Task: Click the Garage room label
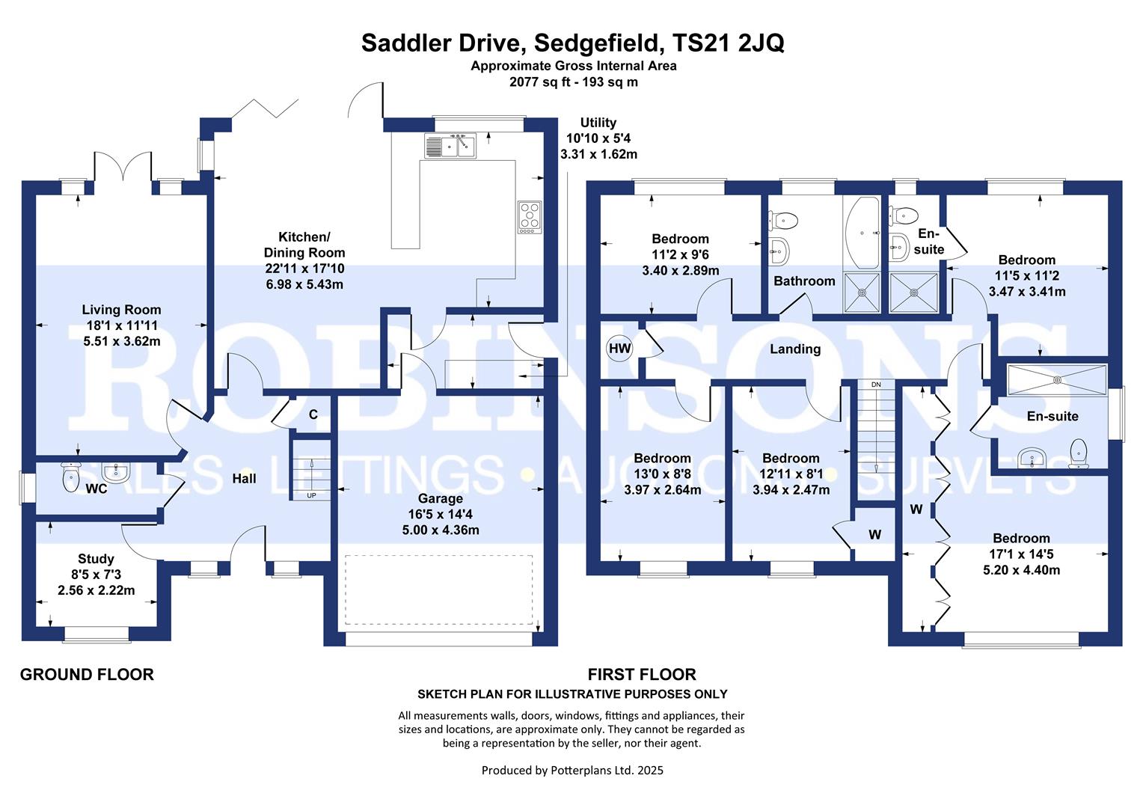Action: click(441, 498)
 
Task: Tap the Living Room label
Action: click(121, 310)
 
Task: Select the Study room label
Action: click(96, 559)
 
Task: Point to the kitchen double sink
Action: click(450, 145)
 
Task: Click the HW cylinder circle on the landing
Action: click(619, 348)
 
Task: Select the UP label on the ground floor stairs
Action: click(311, 495)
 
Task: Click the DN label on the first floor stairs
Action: click(877, 385)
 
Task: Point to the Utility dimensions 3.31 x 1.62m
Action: click(598, 155)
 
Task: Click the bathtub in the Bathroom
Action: click(862, 233)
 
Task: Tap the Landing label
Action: click(795, 349)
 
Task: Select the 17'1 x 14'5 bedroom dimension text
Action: click(1021, 554)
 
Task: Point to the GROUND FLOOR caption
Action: click(87, 675)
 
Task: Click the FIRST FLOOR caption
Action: click(642, 675)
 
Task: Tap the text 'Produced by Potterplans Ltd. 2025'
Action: click(572, 770)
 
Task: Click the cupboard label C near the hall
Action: click(313, 414)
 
